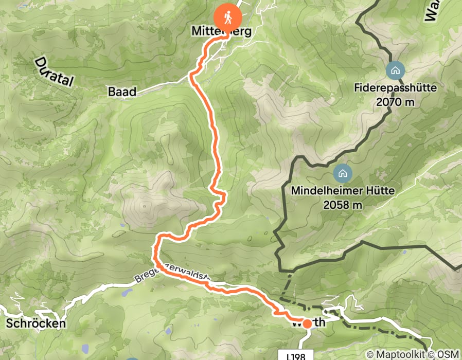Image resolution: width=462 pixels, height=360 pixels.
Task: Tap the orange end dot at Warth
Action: pos(307,323)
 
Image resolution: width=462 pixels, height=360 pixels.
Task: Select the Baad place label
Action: pos(122,92)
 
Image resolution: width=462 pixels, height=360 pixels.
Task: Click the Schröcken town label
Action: pos(36,323)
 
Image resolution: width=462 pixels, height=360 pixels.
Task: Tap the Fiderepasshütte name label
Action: pos(395,88)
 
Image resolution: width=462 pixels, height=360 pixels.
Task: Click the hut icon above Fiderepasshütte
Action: pos(395,70)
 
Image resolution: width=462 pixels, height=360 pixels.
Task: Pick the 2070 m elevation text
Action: pos(395,102)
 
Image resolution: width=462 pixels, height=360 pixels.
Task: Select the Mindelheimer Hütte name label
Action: pos(343,191)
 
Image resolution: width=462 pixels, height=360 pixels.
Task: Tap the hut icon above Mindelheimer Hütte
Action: pos(343,173)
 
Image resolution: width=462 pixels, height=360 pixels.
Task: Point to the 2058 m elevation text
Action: pos(343,205)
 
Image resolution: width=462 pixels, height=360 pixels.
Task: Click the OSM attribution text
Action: pos(448,354)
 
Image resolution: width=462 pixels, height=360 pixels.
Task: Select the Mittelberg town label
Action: pos(221,32)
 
